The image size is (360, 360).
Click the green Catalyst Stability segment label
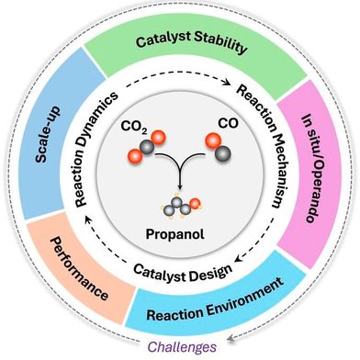coord(181,42)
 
